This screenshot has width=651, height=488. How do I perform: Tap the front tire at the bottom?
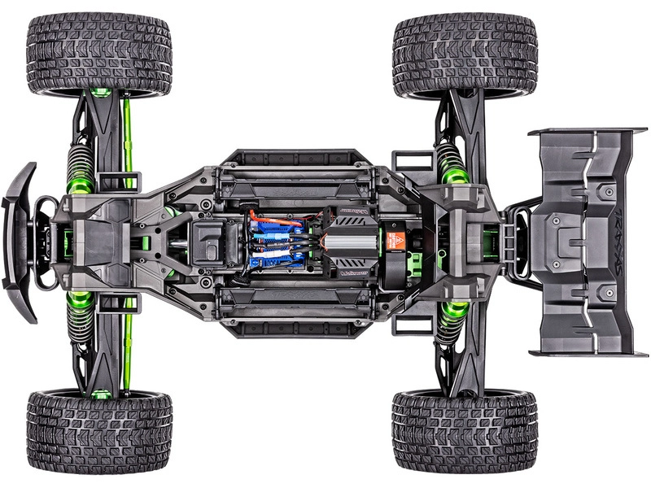pyautogui.click(x=98, y=431)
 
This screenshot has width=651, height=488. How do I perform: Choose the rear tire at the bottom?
pyautogui.click(x=465, y=431)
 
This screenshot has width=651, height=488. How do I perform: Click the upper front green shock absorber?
pyautogui.click(x=81, y=168)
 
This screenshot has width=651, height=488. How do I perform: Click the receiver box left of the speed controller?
pyautogui.click(x=209, y=242)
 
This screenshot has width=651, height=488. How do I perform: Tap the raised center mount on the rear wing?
pyautogui.click(x=561, y=241)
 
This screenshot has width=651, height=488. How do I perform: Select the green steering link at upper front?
pyautogui.click(x=126, y=138)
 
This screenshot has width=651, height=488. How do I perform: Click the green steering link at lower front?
pyautogui.click(x=126, y=346)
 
